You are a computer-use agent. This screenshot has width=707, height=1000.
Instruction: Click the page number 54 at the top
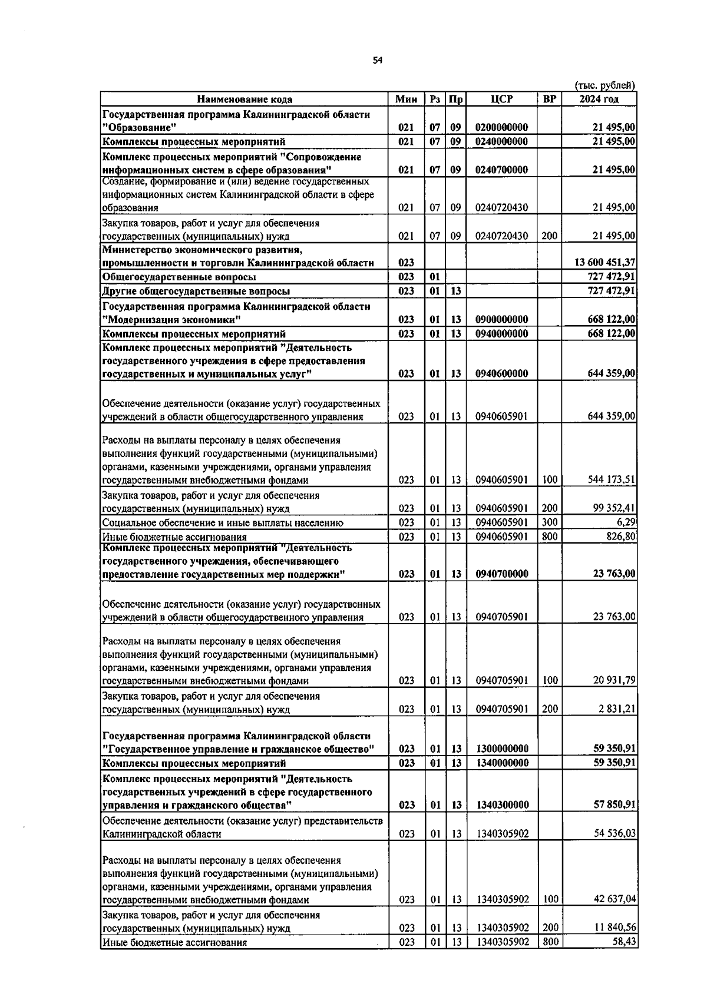(x=378, y=61)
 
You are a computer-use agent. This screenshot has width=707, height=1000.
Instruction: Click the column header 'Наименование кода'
(x=245, y=100)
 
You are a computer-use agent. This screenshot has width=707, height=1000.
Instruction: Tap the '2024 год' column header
(x=599, y=100)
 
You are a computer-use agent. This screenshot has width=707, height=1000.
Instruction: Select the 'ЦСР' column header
(x=501, y=100)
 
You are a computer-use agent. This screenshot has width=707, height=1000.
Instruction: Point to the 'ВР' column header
(x=549, y=100)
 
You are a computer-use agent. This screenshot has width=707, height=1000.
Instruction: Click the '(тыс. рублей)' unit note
(x=605, y=85)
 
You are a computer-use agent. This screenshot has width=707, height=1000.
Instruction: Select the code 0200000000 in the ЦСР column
(x=501, y=127)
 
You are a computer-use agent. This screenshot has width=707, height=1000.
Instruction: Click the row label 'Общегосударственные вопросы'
(x=179, y=277)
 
